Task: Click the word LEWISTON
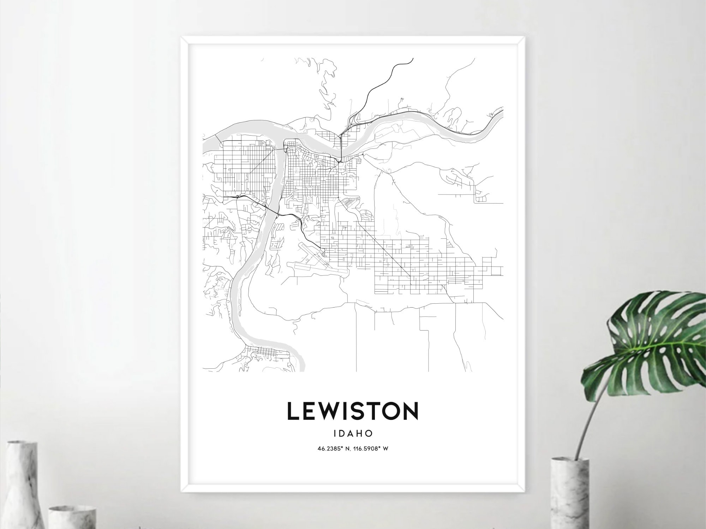tap(353, 411)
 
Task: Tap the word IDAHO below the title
tap(353, 433)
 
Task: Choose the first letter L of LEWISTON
tap(293, 411)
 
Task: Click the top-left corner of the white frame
tap(182, 37)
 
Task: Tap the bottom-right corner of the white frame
tap(524, 491)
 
